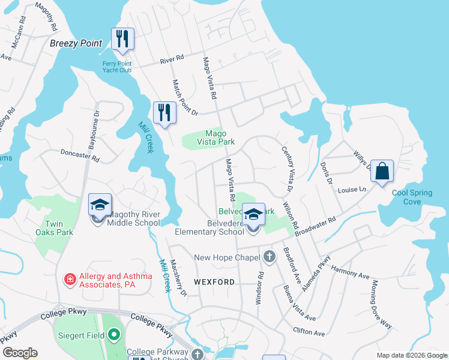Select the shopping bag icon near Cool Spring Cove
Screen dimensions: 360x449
point(381,171)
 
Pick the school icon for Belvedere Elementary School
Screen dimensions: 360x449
point(253,214)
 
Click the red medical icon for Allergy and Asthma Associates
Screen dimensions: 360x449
point(70,280)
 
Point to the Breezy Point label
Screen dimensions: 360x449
point(76,44)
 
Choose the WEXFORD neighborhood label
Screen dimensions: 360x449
point(214,281)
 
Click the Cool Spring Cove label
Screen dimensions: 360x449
point(415,197)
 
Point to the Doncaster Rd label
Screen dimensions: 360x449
point(80,155)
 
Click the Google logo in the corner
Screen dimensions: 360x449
point(20,353)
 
